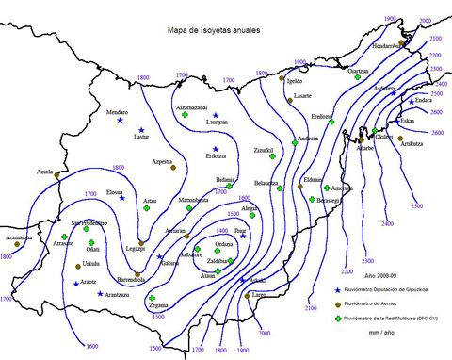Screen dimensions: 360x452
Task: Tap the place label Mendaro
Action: pyautogui.click(x=116, y=112)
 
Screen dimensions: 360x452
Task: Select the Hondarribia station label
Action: pyautogui.click(x=386, y=45)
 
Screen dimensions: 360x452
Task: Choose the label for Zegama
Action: pyautogui.click(x=157, y=305)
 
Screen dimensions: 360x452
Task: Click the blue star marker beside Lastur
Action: pyautogui.click(x=142, y=129)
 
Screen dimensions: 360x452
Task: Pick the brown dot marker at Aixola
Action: pyautogui.click(x=57, y=174)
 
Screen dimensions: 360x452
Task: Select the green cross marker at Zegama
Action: pyautogui.click(x=152, y=298)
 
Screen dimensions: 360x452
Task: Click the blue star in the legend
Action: pyautogui.click(x=337, y=289)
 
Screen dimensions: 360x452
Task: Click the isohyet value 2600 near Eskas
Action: pyautogui.click(x=437, y=133)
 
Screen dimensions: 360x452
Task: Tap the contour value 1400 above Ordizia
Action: pyautogui.click(x=222, y=230)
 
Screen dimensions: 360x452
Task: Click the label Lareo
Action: pyautogui.click(x=257, y=296)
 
